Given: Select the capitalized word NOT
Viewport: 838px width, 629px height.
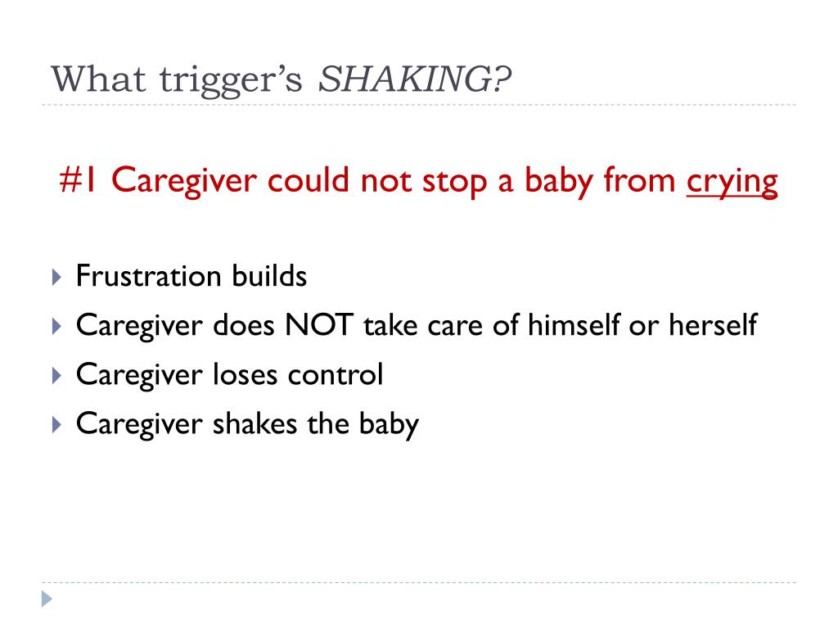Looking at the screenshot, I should point(318,326).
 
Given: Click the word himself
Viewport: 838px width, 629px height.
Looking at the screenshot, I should point(572,326).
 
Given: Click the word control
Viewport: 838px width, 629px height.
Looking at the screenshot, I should point(336,375).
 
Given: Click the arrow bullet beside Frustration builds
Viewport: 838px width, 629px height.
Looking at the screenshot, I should point(56,277).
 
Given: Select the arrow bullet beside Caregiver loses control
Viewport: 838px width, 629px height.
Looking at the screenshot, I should point(56,376).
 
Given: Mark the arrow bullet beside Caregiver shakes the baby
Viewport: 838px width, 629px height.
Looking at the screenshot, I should point(56,425).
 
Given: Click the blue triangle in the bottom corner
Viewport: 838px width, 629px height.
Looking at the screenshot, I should point(47,600).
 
